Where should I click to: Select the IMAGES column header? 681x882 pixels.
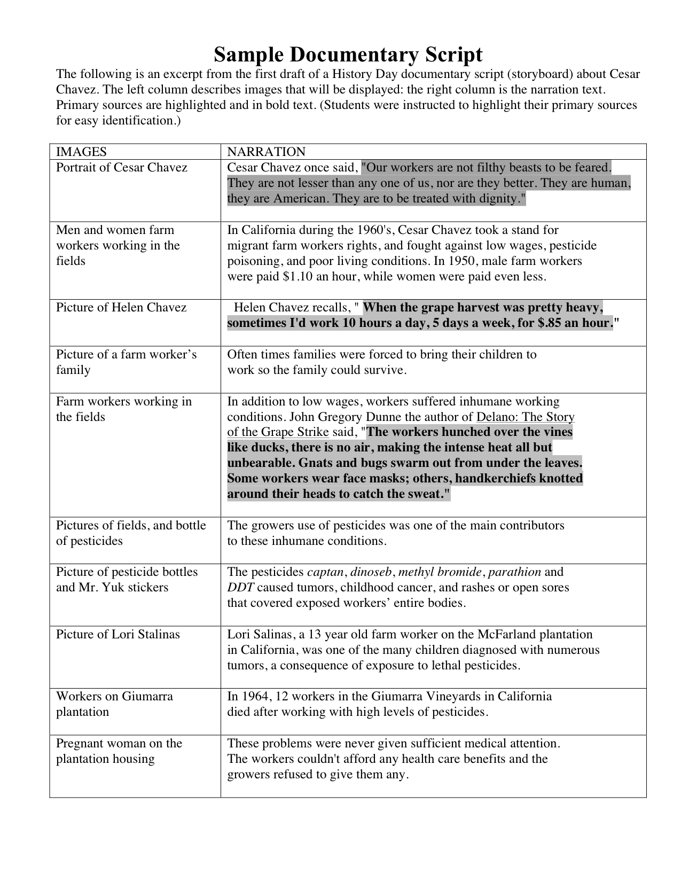81,152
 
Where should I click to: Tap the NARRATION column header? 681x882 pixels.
266,152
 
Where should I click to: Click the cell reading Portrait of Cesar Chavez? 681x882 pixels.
122,168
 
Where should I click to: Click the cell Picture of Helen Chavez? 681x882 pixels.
121,308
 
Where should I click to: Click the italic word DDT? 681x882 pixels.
240,588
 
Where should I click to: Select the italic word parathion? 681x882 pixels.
514,572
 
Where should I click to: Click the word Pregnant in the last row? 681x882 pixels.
80,744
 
